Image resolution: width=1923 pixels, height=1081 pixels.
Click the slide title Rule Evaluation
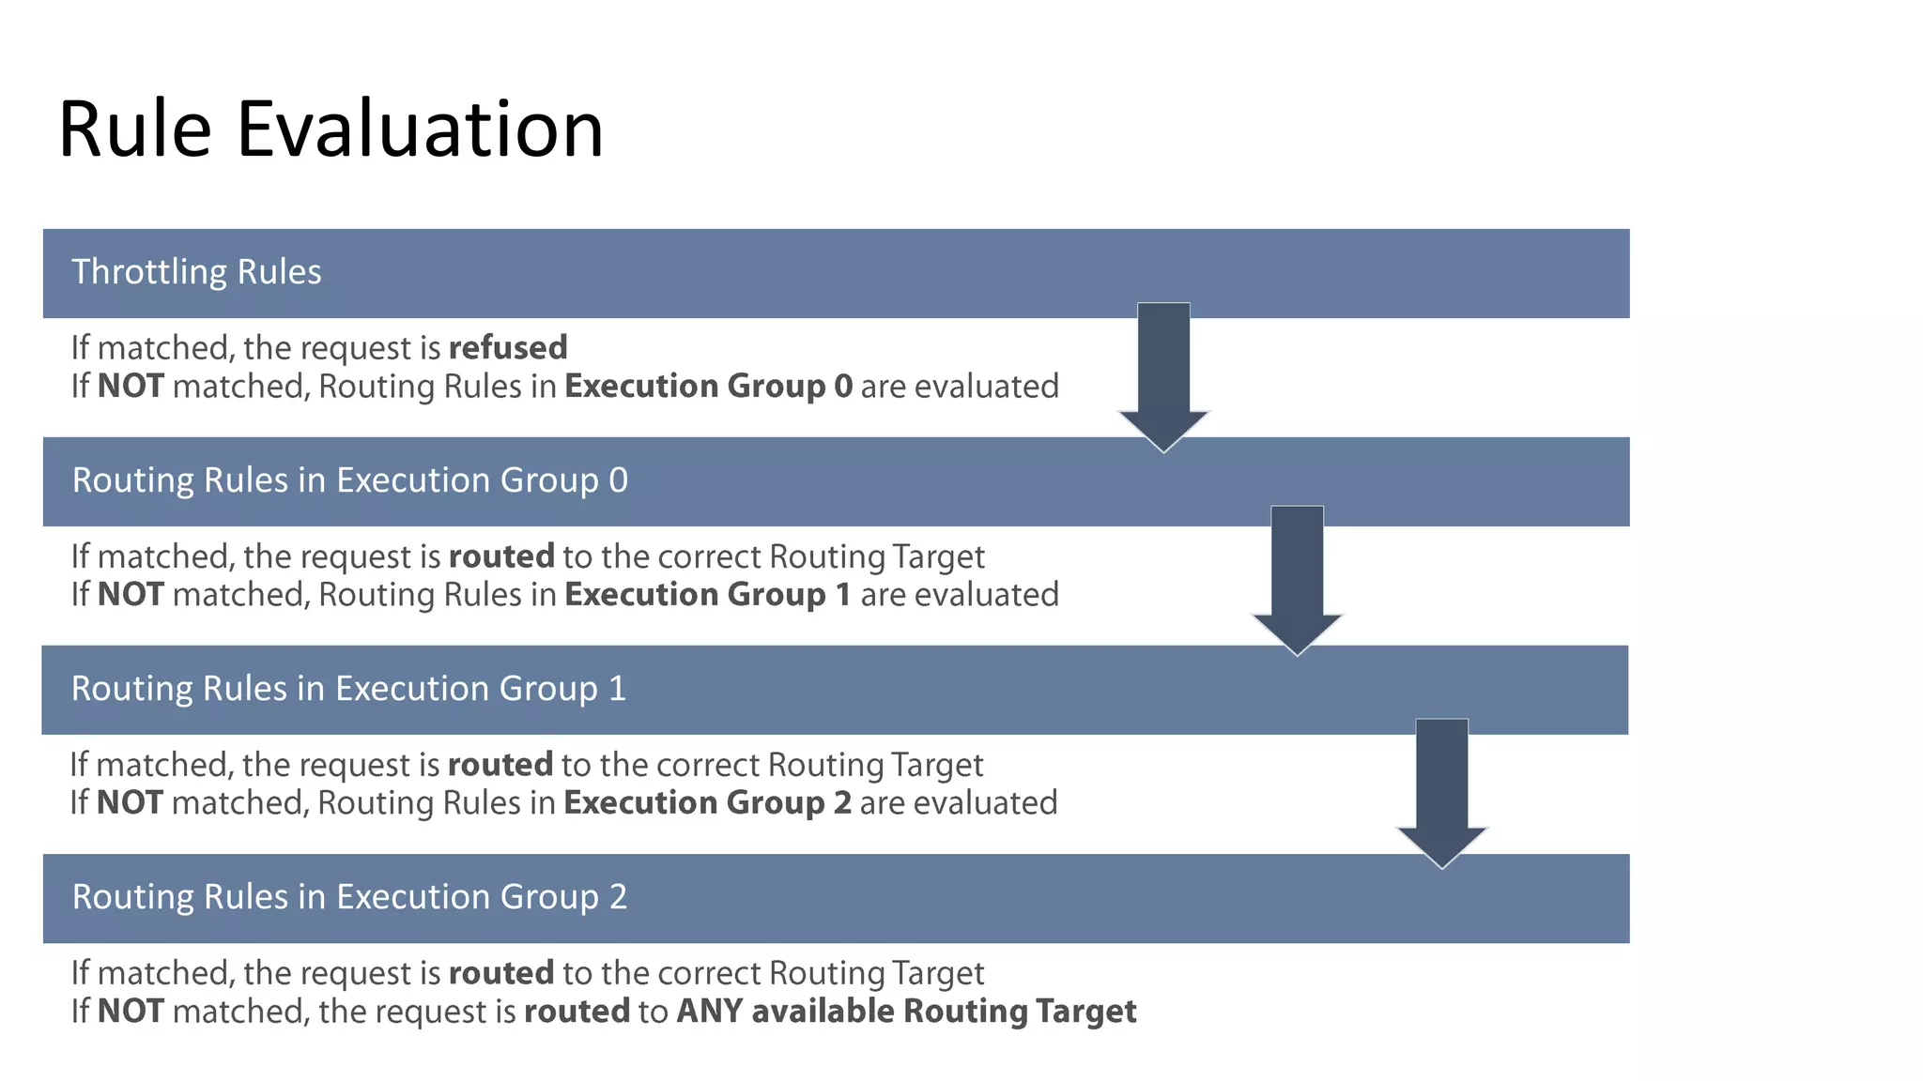(331, 129)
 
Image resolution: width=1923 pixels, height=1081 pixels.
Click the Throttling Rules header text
(196, 272)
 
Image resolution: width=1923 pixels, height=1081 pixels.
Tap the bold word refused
(508, 348)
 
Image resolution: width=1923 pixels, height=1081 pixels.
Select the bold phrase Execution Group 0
(708, 387)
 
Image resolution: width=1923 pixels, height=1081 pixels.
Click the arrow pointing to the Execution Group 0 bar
(1163, 375)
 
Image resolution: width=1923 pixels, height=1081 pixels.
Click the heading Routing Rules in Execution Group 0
(349, 480)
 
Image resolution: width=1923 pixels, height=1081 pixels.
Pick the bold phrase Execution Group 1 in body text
(707, 595)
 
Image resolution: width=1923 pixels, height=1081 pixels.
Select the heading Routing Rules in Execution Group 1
(348, 689)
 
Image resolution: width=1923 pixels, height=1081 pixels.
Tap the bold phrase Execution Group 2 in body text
(707, 803)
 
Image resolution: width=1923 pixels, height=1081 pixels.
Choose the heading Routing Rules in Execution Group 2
(349, 897)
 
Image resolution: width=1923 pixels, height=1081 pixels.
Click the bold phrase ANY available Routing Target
(906, 1012)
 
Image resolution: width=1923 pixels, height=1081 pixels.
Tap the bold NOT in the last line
(131, 1012)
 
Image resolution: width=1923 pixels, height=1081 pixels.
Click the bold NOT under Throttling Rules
(131, 387)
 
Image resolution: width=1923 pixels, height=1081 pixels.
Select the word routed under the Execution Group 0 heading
(501, 556)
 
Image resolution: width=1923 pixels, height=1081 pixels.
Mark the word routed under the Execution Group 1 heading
(500, 765)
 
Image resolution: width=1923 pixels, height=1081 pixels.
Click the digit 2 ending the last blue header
(618, 897)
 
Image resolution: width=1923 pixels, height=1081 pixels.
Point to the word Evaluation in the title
(420, 129)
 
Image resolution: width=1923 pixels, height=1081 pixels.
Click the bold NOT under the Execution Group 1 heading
(130, 803)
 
